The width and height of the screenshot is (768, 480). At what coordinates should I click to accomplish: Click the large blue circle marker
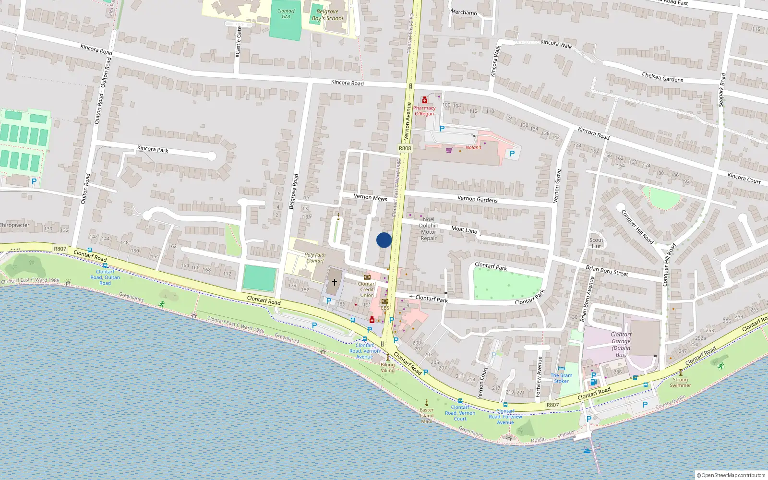coord(384,240)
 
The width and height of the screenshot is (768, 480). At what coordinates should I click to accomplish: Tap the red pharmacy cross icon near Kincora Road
coord(424,100)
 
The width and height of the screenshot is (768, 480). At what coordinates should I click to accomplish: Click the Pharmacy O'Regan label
coord(424,111)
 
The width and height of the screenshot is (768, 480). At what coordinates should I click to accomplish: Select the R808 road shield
coord(405,148)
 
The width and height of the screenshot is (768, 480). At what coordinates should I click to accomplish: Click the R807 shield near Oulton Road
coord(60,249)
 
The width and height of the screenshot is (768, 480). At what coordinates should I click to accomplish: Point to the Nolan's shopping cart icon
coord(449,150)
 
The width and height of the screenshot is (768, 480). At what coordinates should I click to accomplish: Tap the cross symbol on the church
coord(335,282)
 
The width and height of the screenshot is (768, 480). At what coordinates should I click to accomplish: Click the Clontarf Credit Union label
coord(367,289)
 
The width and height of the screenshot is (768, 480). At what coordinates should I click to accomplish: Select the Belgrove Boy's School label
coord(327,15)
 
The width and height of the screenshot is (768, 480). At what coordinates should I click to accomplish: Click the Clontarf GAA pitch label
coord(286,14)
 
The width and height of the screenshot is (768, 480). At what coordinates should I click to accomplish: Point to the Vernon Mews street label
coord(370,197)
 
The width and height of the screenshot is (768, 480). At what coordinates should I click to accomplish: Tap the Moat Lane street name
coord(464,230)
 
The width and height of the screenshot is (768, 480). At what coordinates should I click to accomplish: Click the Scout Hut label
coord(596,243)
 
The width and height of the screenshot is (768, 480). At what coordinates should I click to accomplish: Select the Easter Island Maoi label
coord(427,416)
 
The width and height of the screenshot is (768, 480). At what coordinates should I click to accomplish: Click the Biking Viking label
coord(387,368)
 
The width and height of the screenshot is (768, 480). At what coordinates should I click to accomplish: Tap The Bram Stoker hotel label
coord(561,378)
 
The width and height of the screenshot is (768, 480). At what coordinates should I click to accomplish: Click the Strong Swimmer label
coord(680,382)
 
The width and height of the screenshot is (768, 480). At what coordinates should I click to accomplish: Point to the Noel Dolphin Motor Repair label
coord(429,228)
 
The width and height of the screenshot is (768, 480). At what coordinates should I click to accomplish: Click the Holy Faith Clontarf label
coord(315,258)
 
